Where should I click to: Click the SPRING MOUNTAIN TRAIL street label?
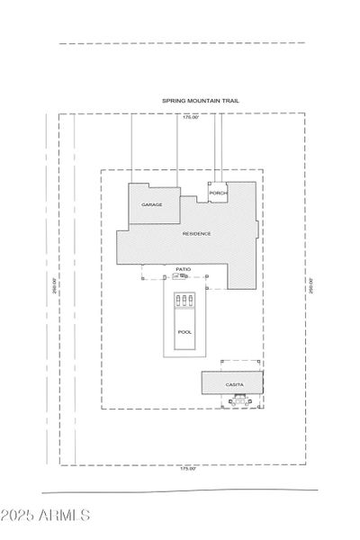199,102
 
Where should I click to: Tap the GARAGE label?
151,205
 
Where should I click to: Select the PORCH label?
217,194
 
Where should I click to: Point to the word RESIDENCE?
197,234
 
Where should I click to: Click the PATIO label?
183,269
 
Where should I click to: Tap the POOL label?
184,332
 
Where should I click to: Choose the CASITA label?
234,385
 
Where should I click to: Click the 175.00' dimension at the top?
190,117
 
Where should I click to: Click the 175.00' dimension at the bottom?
187,469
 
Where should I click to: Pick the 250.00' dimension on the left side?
55,285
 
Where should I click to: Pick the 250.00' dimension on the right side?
310,285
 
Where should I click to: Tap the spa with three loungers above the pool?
184,301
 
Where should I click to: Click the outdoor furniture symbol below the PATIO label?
183,276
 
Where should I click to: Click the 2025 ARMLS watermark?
47,517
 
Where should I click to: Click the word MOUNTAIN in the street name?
201,102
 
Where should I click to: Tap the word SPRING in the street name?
171,102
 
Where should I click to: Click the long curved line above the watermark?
180,491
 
